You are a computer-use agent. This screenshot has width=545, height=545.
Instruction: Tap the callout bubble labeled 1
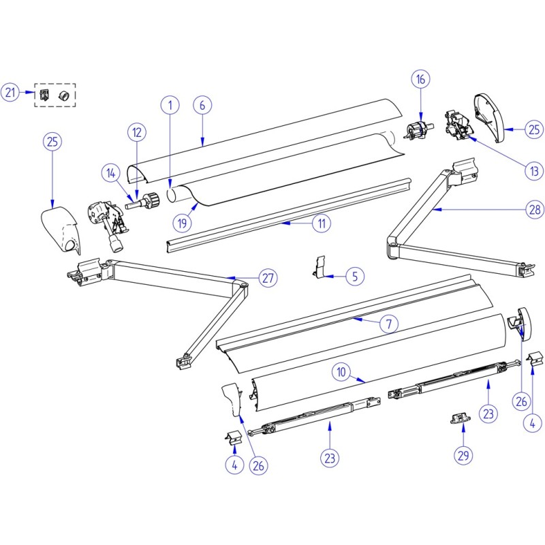170,106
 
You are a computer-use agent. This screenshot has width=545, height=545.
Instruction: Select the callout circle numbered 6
202,106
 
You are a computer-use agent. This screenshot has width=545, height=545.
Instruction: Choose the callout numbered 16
421,80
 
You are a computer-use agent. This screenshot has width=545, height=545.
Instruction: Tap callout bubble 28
534,211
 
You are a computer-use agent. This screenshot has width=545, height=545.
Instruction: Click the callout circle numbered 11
320,222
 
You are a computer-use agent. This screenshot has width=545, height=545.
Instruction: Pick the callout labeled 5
354,277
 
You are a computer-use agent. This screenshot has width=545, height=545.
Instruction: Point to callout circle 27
268,279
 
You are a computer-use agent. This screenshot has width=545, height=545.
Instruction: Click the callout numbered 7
388,324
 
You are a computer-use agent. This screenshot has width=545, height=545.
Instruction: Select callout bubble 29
464,455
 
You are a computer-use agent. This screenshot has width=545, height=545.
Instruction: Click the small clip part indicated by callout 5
320,266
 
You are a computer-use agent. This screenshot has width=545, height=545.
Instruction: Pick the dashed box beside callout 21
55,95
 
